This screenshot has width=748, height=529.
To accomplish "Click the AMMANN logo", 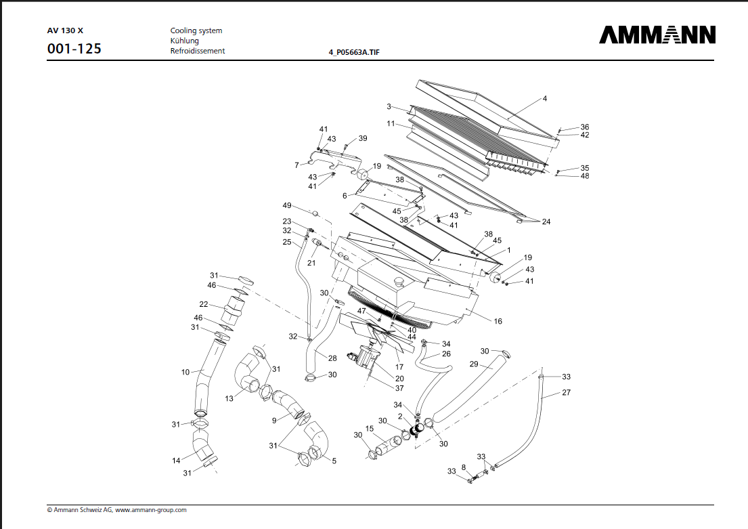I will point(657,35).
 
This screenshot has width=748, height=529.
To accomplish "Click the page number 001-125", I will point(74,49).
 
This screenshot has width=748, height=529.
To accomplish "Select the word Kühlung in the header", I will point(184,41).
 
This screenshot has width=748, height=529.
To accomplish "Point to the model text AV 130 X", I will point(65,30).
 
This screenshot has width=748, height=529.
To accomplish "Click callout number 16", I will point(498,321).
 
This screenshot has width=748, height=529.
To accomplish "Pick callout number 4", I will point(544,98).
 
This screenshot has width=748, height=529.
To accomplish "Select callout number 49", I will point(287,205).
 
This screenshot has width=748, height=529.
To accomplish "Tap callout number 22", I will point(203,304).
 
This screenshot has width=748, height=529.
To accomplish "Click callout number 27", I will point(566,392).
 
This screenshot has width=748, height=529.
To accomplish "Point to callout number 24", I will point(546,221).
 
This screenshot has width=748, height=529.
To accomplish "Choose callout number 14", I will point(176,461).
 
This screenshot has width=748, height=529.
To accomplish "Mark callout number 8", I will point(463,467).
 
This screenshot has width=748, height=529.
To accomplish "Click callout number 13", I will point(229,398).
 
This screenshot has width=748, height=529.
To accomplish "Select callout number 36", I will point(585,127).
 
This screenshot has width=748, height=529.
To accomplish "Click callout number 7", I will point(296,165).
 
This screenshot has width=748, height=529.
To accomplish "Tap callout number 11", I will point(391,124).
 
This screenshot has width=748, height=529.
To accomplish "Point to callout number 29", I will point(474,364).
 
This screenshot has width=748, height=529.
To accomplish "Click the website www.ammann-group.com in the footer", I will point(150,510).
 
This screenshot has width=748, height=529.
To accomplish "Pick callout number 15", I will point(370,428).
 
